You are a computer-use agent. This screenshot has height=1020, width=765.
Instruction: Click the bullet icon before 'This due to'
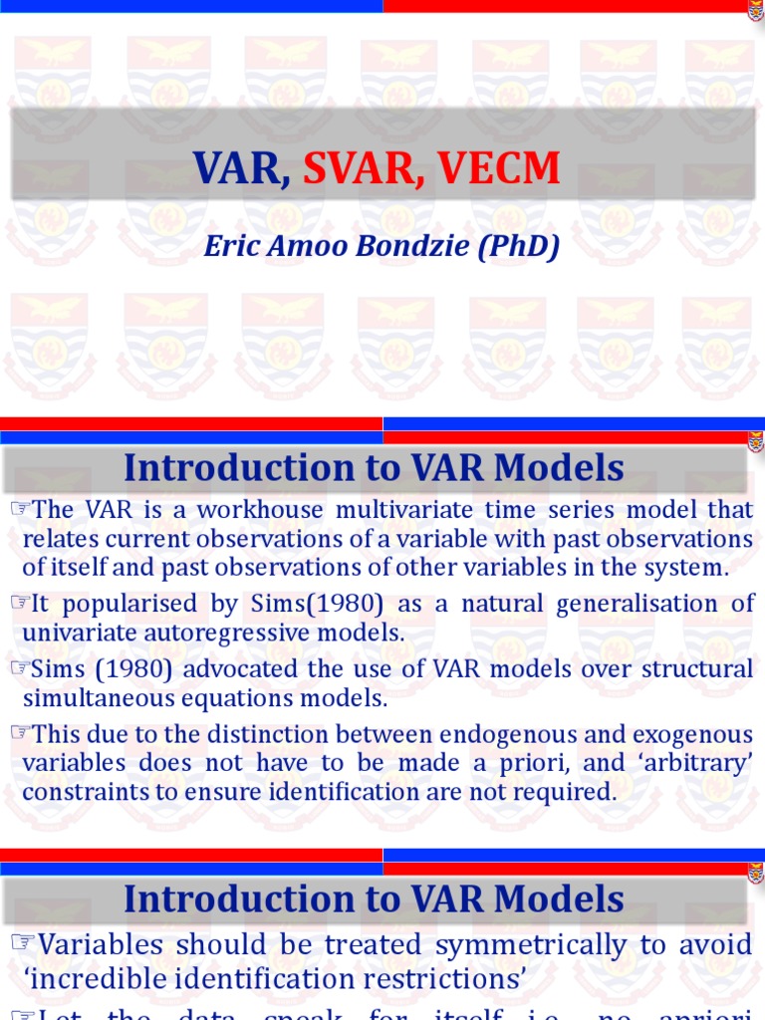click(x=20, y=734)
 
